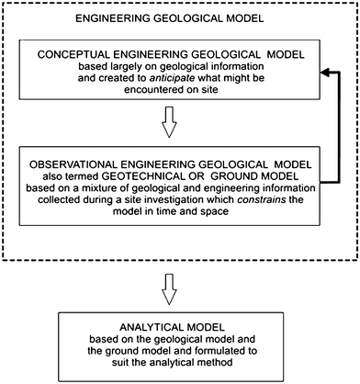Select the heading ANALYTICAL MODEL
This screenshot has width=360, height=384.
tap(181, 324)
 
